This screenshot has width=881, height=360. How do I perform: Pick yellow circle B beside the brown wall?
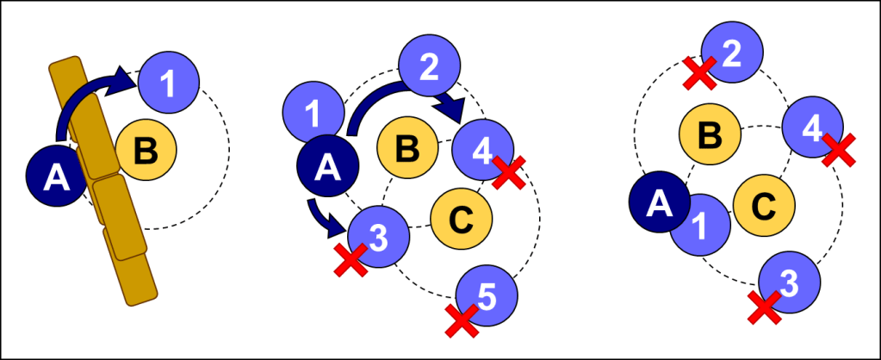146,150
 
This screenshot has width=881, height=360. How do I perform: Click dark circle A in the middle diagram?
326,165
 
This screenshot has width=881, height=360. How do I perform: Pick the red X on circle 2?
699,73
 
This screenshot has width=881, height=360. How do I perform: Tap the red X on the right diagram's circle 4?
839,150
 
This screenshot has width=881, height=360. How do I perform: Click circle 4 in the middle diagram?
483,149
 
